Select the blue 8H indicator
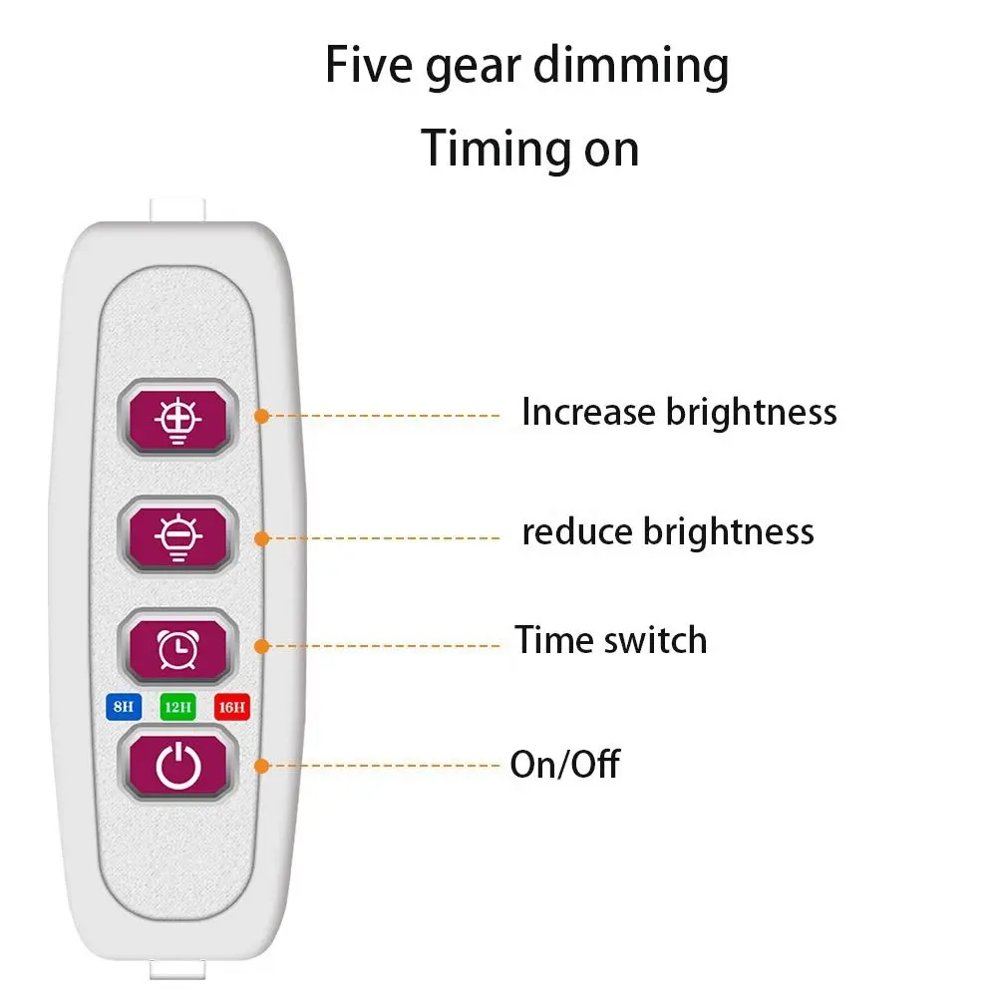point(123,708)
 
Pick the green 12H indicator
point(177,708)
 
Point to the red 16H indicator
point(231,708)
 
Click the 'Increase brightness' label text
point(679,412)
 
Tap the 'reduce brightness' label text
point(668,531)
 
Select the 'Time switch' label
point(610,639)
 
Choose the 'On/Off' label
point(564,765)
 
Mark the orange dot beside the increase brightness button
point(262,415)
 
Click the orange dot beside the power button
point(262,766)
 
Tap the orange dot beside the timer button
point(262,646)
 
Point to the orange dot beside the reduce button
point(262,538)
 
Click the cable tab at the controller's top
point(176,209)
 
